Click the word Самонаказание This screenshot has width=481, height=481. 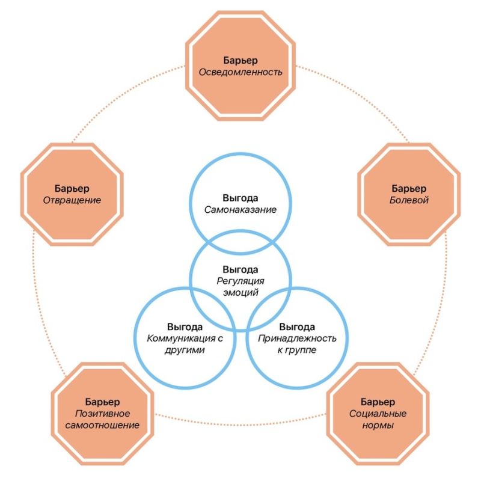[x=240, y=210]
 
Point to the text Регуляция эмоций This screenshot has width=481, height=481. [x=240, y=287]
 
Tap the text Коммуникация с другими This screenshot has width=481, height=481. [x=185, y=343]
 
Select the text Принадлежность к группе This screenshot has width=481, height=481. [x=297, y=343]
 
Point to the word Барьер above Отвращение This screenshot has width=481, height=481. [x=72, y=188]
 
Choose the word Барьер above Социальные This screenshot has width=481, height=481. [x=378, y=402]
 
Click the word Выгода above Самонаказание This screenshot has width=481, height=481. [x=240, y=198]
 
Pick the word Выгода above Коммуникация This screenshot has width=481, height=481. [x=185, y=327]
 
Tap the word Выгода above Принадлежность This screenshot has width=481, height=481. [x=297, y=327]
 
